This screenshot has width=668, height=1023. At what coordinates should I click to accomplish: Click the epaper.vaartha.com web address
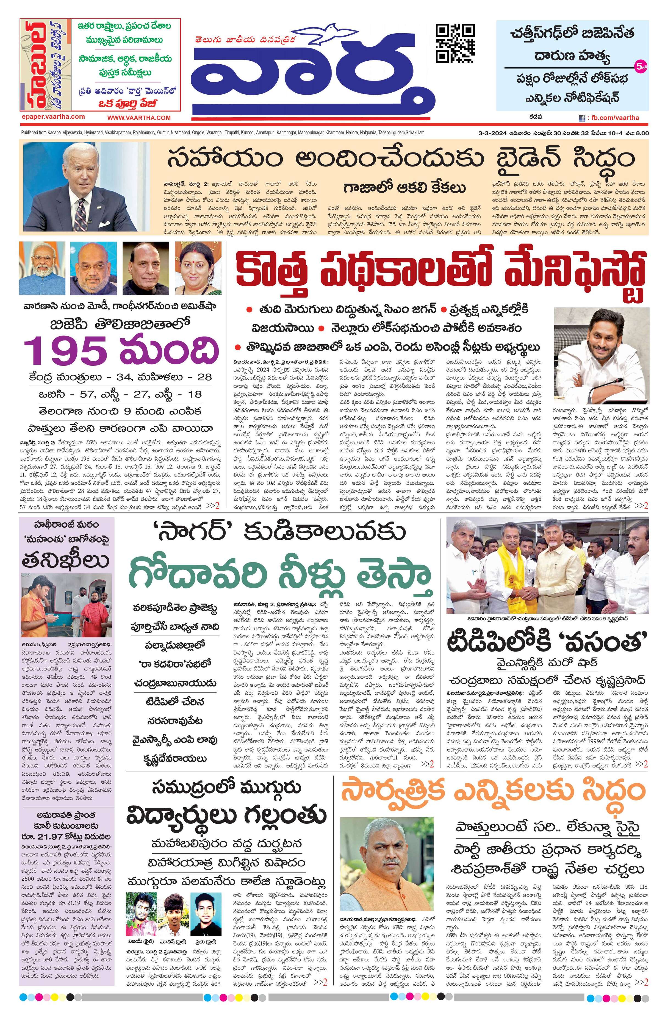[x=53, y=117]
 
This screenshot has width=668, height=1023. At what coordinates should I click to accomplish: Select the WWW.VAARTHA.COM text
[x=139, y=117]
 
